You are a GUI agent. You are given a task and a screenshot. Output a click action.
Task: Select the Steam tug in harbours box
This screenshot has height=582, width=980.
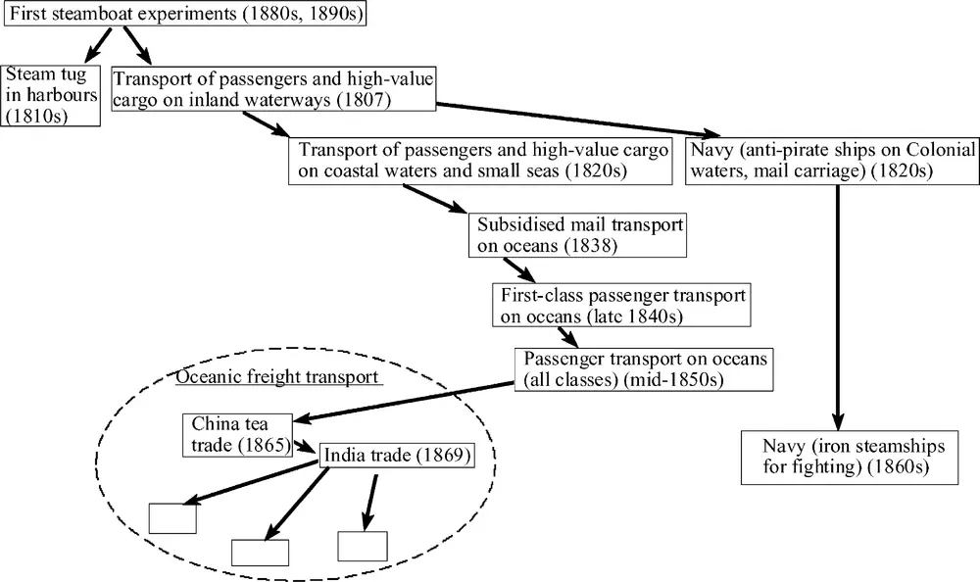pyautogui.click(x=52, y=95)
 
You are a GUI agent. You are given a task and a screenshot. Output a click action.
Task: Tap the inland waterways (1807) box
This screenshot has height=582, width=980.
pyautogui.click(x=273, y=86)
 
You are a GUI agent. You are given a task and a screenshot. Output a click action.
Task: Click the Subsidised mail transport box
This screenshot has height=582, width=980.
pyautogui.click(x=577, y=234)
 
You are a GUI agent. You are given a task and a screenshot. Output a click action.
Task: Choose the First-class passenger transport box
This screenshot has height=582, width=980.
pyautogui.click(x=623, y=306)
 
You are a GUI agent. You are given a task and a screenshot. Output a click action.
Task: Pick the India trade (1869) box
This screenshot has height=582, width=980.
pyautogui.click(x=398, y=456)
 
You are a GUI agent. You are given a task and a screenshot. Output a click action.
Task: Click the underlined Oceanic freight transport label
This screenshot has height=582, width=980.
pyautogui.click(x=276, y=376)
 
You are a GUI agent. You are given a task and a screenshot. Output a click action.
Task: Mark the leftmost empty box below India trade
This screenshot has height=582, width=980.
pyautogui.click(x=171, y=517)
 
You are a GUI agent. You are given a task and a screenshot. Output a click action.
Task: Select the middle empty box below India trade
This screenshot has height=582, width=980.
pyautogui.click(x=260, y=552)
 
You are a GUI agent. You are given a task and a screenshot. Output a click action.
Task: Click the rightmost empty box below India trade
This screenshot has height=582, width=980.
pyautogui.click(x=363, y=546)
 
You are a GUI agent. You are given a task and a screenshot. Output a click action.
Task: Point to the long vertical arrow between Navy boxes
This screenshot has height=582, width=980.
pyautogui.click(x=839, y=304)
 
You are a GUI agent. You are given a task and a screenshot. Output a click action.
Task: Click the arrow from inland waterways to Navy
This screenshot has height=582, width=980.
pyautogui.click(x=578, y=119)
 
